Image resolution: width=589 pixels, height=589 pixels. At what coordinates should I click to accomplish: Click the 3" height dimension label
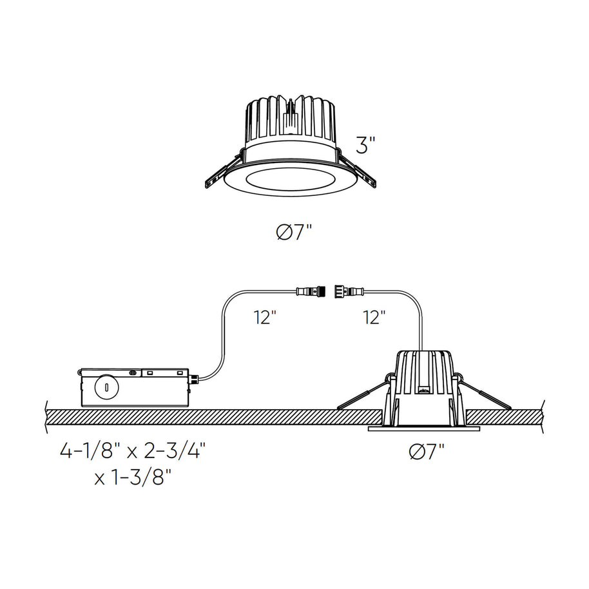pos(365,146)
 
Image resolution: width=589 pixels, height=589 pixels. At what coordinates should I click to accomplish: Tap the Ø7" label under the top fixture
pos(294,233)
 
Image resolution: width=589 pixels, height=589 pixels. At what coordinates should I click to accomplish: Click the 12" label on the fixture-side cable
pos(374,318)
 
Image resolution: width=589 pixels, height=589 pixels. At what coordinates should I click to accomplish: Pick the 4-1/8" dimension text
pos(87,450)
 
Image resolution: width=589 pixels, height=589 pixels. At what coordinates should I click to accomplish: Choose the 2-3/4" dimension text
pos(176,450)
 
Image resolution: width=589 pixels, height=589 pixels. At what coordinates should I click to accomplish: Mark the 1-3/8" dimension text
pos(139,478)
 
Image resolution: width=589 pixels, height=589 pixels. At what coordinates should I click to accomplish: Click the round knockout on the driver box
pos(107,387)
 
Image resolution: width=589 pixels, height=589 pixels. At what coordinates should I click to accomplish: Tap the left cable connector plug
pos(310,291)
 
